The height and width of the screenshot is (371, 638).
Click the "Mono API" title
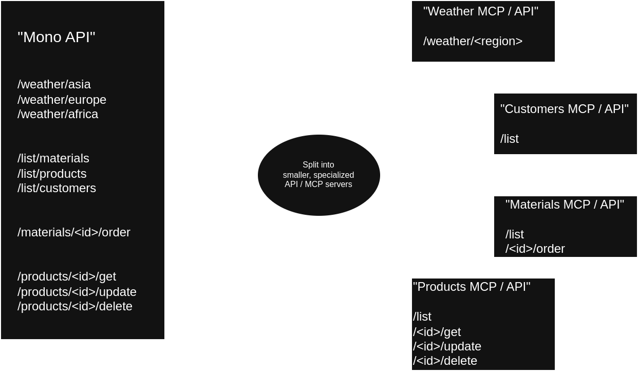[57, 38]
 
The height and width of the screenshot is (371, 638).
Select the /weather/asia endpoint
[54, 84]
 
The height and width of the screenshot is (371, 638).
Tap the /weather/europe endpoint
[62, 100]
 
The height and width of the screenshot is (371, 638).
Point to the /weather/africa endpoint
[58, 114]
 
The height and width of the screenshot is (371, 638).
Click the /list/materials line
[53, 158]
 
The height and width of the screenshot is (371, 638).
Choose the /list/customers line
[57, 188]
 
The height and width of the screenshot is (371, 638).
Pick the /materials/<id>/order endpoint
[74, 232]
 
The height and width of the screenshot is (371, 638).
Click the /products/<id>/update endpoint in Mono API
[77, 292]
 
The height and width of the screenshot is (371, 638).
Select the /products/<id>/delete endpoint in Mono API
[75, 306]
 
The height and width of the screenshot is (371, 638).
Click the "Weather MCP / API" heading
[481, 12]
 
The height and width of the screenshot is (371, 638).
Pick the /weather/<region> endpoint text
[473, 42]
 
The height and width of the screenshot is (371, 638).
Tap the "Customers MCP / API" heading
[565, 109]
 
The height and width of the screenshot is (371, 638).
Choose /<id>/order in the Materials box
[535, 249]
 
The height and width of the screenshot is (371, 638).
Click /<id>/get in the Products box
[437, 332]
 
